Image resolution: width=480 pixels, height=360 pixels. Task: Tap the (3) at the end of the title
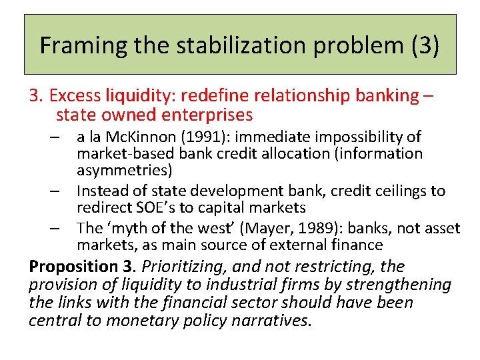pos(423,45)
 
